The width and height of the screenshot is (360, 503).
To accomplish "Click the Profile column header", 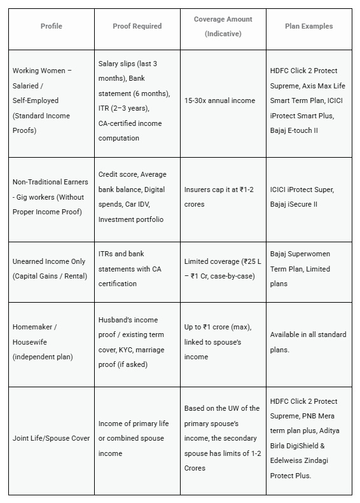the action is (x=52, y=26).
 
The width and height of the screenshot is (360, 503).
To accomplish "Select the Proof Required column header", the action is (x=137, y=26).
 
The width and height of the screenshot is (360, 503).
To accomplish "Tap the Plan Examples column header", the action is (x=308, y=26).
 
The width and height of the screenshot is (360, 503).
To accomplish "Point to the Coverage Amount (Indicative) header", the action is (x=223, y=26).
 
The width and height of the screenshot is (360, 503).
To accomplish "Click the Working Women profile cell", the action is (x=43, y=100).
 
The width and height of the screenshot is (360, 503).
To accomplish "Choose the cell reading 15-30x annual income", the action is (x=219, y=100).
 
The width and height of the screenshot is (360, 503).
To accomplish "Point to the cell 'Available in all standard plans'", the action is (x=308, y=342).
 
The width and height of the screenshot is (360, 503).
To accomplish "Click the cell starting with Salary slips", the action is (x=134, y=100).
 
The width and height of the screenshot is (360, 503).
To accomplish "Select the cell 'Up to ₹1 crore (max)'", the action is (x=218, y=342).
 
